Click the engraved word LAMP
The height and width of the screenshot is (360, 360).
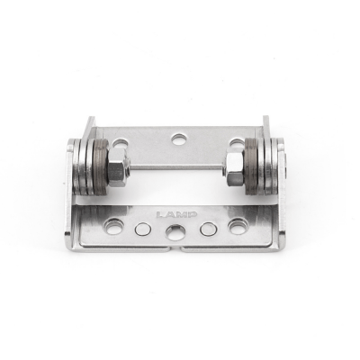tap(174, 215)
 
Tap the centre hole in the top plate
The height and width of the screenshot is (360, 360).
tap(180, 139)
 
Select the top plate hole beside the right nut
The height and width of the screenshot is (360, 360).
tap(237, 144)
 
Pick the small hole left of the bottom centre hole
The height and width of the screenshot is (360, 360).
tap(143, 229)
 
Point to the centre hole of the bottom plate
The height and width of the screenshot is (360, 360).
tap(175, 232)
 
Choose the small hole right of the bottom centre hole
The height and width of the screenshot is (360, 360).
tap(208, 229)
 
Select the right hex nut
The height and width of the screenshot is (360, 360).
tap(235, 168)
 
